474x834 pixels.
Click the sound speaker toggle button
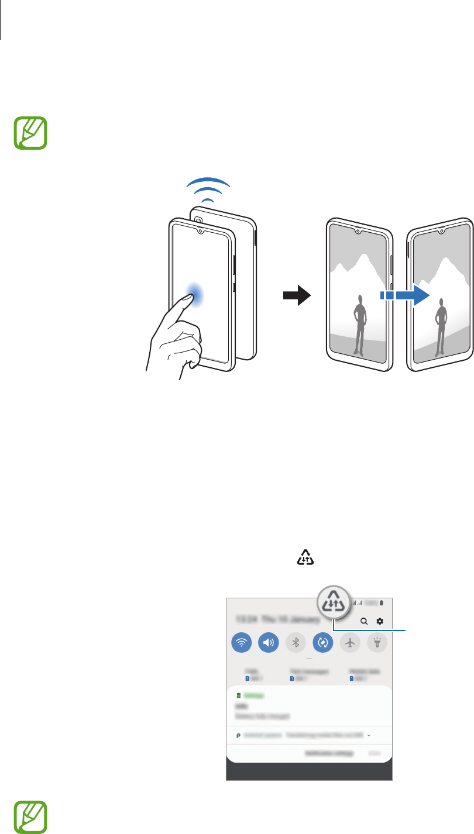pos(269,642)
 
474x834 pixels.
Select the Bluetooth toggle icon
pos(296,642)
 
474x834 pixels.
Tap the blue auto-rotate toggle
pos(323,642)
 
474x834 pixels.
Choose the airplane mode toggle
pos(351,642)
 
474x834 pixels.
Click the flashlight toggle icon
pos(377,642)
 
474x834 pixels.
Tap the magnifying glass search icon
pos(364,621)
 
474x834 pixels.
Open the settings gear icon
pos(380,621)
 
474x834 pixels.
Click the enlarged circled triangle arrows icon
pos(332,602)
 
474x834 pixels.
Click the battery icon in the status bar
pos(382,602)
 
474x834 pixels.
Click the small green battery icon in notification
pos(238,695)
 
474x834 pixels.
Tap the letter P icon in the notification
pos(238,735)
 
